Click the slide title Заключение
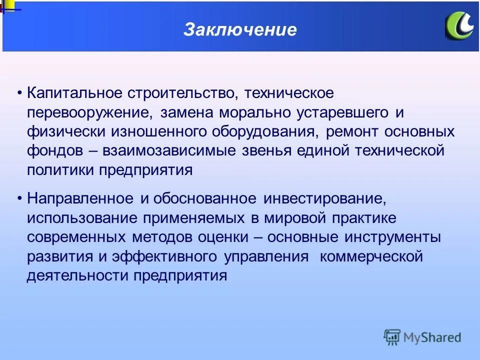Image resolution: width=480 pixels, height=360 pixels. [240, 29]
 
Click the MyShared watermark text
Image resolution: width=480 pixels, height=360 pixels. [432, 337]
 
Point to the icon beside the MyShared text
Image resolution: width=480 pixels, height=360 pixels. [392, 337]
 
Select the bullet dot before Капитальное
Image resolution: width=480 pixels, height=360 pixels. [19, 93]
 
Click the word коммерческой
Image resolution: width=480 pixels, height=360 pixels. [371, 256]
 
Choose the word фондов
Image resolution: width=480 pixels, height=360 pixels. [55, 150]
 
